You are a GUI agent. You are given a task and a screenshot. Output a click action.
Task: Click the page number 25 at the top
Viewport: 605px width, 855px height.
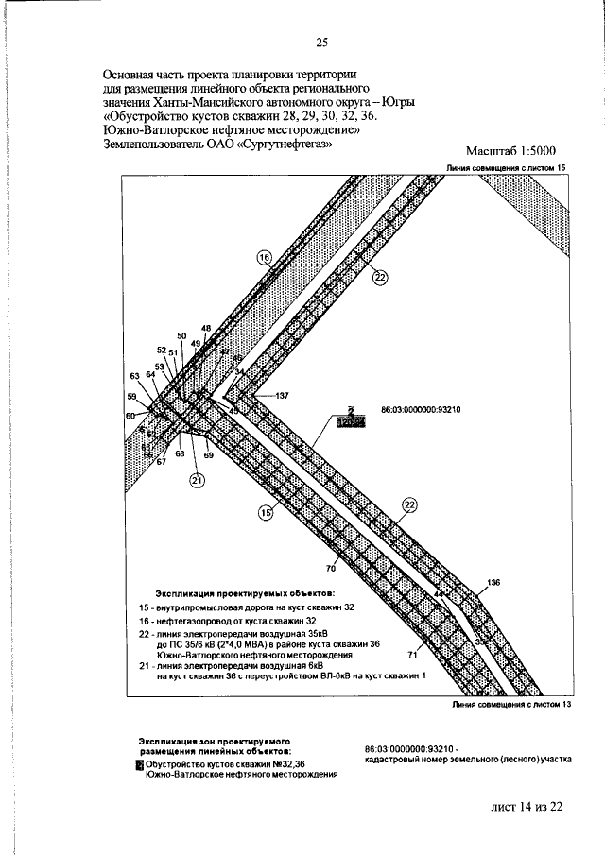click(321, 42)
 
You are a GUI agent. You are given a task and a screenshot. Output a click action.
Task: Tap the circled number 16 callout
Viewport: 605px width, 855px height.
click(264, 256)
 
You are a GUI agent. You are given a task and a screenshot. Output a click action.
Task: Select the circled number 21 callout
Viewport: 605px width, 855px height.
click(197, 481)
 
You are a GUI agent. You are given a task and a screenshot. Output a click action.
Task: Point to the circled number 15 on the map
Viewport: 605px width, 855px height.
click(266, 512)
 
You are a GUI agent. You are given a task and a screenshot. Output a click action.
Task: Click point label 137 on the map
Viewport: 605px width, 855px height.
click(282, 394)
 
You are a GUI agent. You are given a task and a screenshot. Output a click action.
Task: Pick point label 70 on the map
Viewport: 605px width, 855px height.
click(331, 569)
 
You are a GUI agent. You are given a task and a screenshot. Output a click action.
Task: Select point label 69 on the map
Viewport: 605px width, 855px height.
click(209, 455)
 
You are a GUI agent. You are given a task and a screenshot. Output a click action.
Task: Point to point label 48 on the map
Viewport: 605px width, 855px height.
click(206, 327)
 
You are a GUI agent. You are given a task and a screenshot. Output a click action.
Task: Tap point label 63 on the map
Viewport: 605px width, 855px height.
click(135, 376)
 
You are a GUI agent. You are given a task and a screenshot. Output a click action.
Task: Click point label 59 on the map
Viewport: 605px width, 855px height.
click(131, 397)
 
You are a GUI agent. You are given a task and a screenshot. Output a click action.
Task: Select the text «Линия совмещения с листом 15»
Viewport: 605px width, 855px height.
click(507, 166)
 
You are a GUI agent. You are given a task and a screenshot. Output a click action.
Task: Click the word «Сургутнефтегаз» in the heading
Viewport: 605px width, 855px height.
click(283, 145)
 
